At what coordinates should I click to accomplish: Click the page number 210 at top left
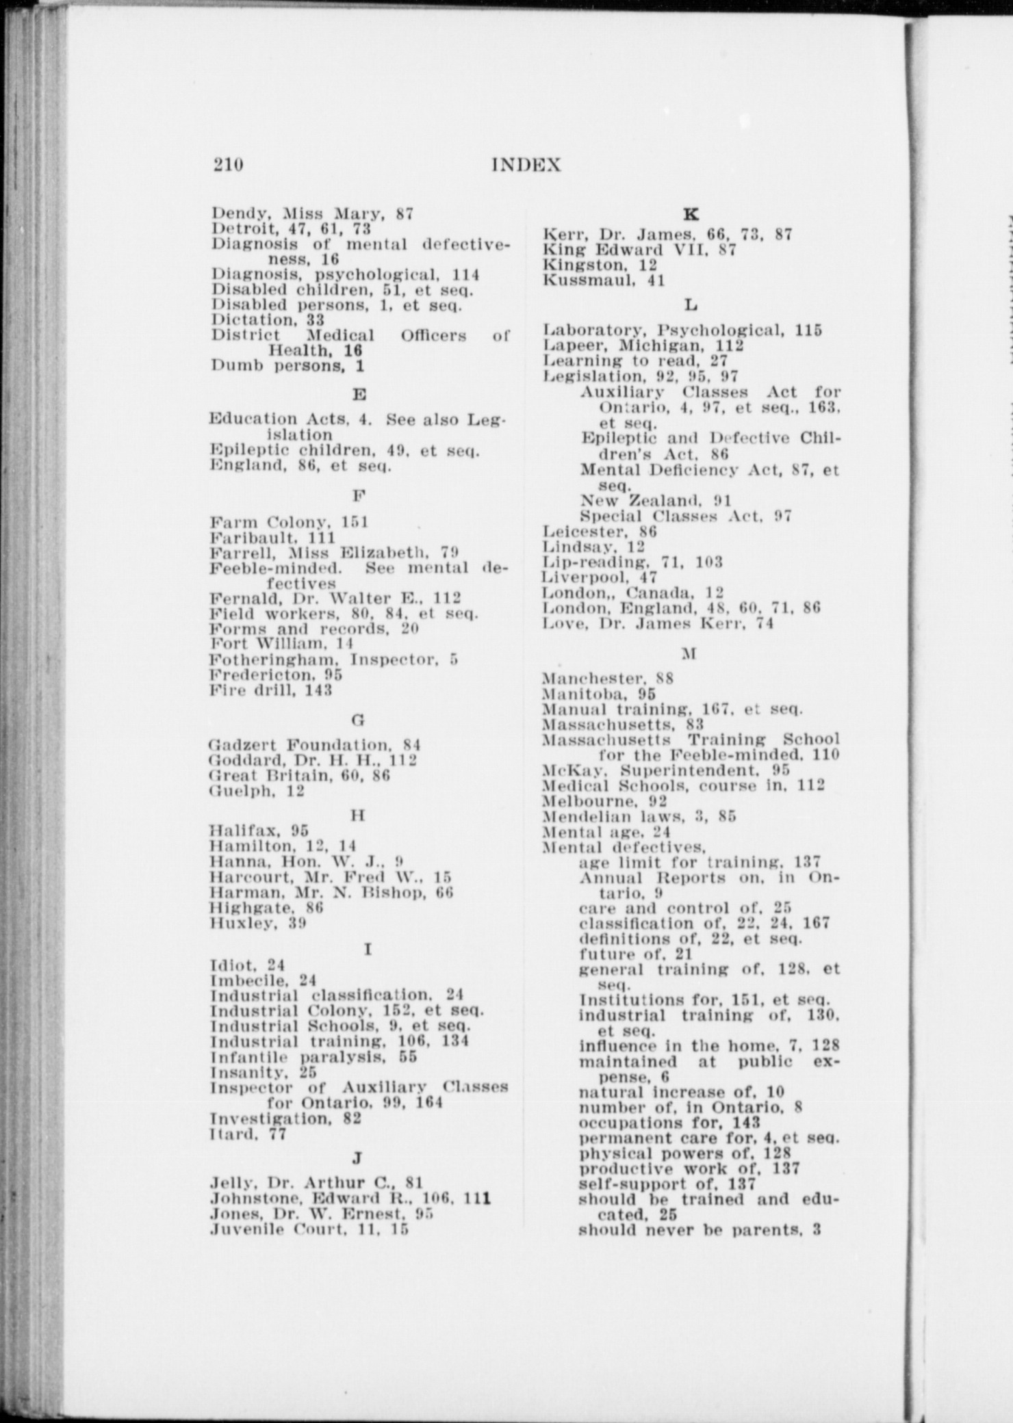228,166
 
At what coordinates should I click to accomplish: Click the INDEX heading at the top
526,166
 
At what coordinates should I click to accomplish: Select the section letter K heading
691,214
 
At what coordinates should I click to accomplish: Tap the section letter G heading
357,720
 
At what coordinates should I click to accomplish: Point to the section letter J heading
357,1158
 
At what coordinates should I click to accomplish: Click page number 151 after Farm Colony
355,523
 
